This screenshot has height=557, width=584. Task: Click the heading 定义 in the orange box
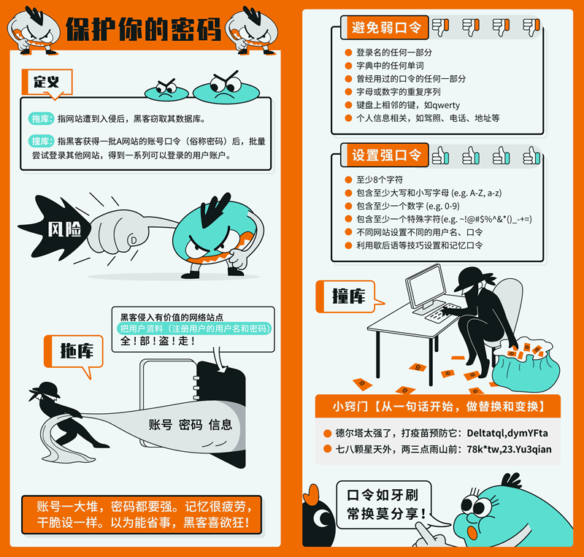click(x=47, y=82)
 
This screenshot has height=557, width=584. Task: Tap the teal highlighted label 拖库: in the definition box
click(x=41, y=119)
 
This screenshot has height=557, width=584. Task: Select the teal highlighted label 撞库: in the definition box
click(x=41, y=141)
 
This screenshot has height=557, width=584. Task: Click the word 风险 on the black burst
click(x=64, y=229)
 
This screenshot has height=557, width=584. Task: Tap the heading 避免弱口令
click(x=386, y=27)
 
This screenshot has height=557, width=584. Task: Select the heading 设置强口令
click(x=386, y=155)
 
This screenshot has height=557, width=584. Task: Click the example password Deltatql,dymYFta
click(x=507, y=434)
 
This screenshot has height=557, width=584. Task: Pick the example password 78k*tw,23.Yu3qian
click(x=509, y=450)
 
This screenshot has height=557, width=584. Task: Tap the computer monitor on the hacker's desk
click(x=426, y=287)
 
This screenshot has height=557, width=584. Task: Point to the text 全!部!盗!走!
click(x=158, y=341)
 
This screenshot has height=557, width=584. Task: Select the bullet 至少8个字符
click(x=380, y=180)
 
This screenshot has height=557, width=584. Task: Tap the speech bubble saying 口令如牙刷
click(x=384, y=504)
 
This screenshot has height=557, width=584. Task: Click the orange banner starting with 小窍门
click(x=438, y=406)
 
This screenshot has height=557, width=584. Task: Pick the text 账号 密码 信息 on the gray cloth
click(x=191, y=424)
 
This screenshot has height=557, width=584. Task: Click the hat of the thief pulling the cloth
click(x=46, y=389)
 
